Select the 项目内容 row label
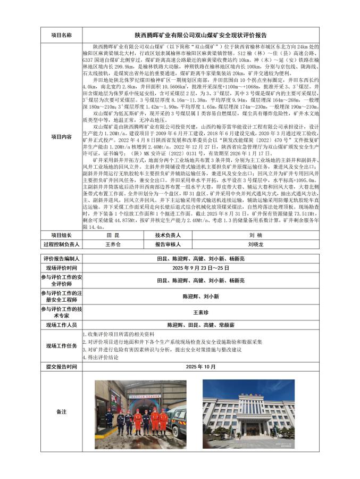tap(61, 137)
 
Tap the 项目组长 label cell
tap(61, 234)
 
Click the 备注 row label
tap(61, 412)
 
